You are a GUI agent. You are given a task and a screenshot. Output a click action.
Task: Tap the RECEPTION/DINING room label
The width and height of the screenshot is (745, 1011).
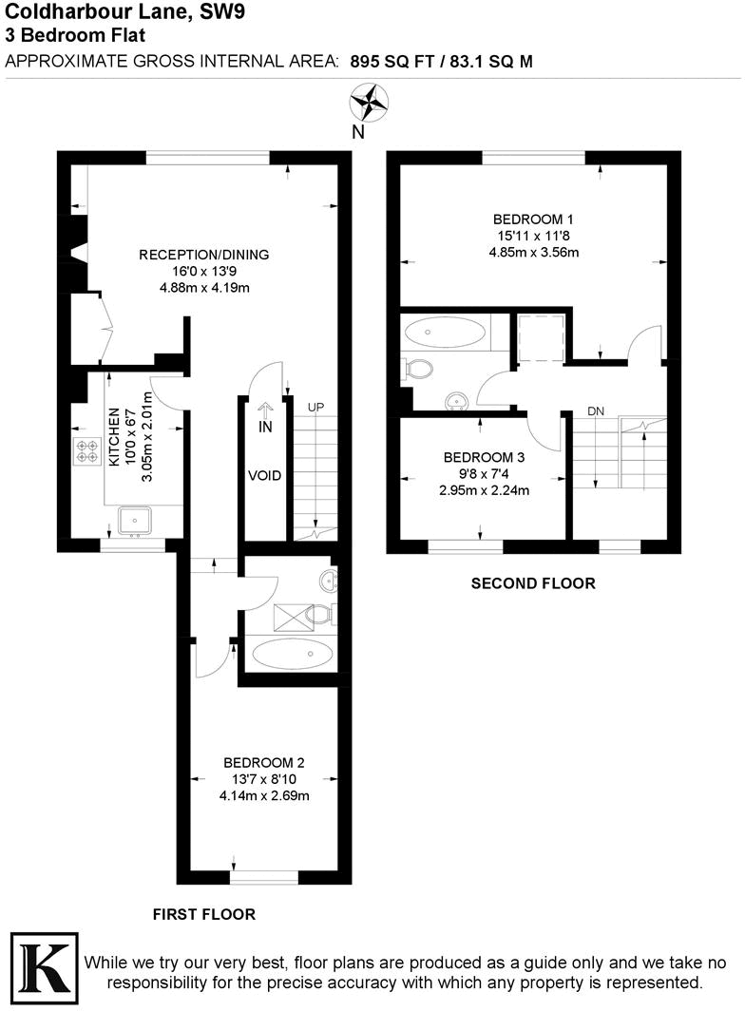[204, 254]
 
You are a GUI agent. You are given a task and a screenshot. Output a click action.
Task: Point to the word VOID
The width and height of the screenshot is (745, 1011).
[264, 475]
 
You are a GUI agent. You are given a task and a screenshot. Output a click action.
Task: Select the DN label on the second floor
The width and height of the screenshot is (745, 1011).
[596, 411]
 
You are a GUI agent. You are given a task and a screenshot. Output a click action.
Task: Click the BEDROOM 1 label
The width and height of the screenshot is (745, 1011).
[533, 218]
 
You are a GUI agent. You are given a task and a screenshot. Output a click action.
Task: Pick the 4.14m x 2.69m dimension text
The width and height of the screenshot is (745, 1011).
[264, 796]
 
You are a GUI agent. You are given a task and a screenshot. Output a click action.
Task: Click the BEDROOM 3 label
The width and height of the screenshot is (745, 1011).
[485, 456]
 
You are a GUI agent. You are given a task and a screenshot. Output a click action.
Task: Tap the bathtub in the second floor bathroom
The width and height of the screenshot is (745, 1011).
[445, 333]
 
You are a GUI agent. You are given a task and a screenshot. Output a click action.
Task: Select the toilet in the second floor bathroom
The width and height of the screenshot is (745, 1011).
[417, 368]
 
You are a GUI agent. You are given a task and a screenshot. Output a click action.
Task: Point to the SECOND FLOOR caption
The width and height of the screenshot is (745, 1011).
[533, 583]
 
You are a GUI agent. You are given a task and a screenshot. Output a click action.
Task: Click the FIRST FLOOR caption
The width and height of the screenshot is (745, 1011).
[204, 914]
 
